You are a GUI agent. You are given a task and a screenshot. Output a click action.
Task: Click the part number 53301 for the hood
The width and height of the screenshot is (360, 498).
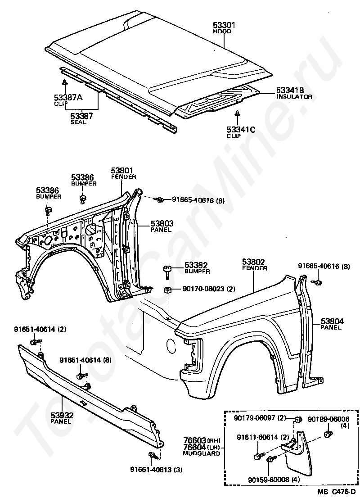coord(224,25)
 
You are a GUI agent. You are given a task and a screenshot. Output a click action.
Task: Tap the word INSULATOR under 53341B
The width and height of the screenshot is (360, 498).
coord(294,96)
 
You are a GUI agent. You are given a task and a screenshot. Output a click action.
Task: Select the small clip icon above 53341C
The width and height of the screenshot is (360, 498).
coord(237,113)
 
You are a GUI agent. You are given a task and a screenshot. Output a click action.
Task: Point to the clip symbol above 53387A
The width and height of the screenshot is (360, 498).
coord(64,82)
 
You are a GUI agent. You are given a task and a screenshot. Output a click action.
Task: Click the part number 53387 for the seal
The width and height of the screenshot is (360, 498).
coord(81,116)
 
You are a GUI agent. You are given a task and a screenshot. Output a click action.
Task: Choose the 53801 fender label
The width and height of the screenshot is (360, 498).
coord(122,171)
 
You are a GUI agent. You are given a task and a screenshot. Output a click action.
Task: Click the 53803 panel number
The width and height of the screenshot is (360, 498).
coord(162,224)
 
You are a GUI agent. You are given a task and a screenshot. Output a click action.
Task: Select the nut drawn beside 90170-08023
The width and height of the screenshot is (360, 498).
coord(168,290)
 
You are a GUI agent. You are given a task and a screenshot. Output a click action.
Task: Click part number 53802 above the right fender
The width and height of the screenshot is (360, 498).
coord(253,262)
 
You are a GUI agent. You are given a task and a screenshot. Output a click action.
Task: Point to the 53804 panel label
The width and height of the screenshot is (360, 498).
coord(332,321)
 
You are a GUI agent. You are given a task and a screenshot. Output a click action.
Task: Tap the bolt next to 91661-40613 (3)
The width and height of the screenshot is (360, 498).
coord(153,456)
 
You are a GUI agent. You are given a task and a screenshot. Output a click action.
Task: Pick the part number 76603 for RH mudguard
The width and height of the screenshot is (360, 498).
coord(195,440)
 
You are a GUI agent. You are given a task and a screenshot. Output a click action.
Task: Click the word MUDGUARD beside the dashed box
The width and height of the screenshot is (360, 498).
coord(202,453)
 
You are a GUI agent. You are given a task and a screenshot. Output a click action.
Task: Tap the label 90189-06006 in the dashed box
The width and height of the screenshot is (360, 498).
coord(328,419)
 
